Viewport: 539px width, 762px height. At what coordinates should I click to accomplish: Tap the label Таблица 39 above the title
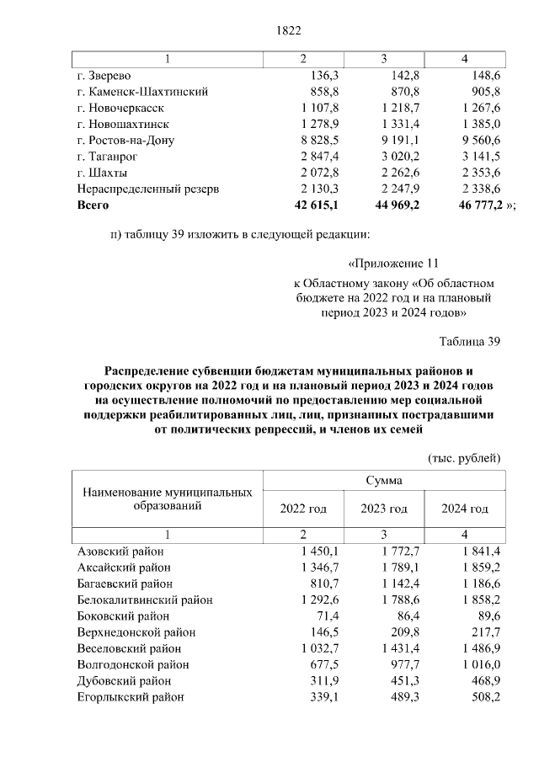point(470,341)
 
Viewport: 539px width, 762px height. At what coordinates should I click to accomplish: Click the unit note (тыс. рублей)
point(465,457)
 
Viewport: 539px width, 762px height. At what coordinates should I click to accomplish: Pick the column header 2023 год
point(383,509)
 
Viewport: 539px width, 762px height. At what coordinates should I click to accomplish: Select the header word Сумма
point(383,480)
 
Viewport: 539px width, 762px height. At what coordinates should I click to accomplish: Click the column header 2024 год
point(465,509)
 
